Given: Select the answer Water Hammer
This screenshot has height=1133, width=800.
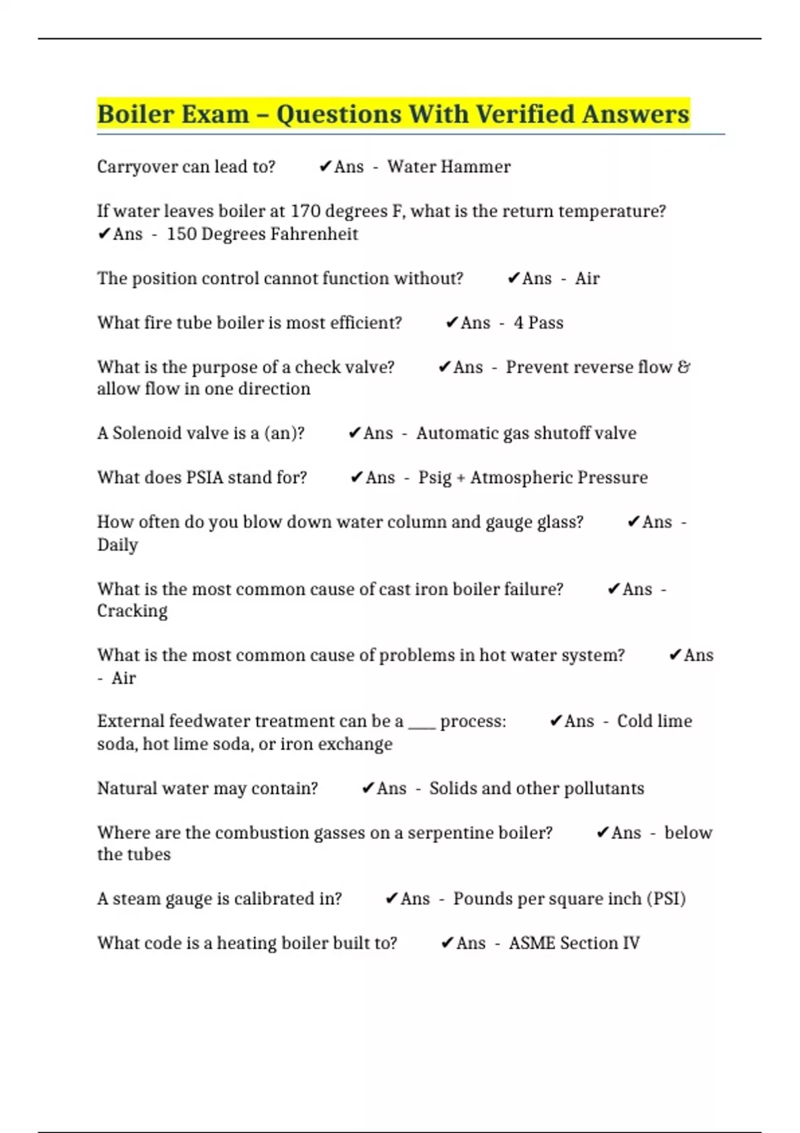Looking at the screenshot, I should (449, 167).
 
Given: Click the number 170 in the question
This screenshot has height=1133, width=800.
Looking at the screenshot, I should (306, 211).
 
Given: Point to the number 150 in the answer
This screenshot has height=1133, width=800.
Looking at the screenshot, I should (181, 234).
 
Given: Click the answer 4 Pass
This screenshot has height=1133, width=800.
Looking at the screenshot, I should (538, 323).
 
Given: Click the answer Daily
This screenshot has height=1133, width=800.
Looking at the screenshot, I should (118, 545).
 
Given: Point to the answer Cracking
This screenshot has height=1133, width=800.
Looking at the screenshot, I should (132, 611).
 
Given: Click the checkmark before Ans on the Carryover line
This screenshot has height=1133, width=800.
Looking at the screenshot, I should (325, 167).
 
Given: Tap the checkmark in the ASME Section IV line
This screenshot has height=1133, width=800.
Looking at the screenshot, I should (447, 943).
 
